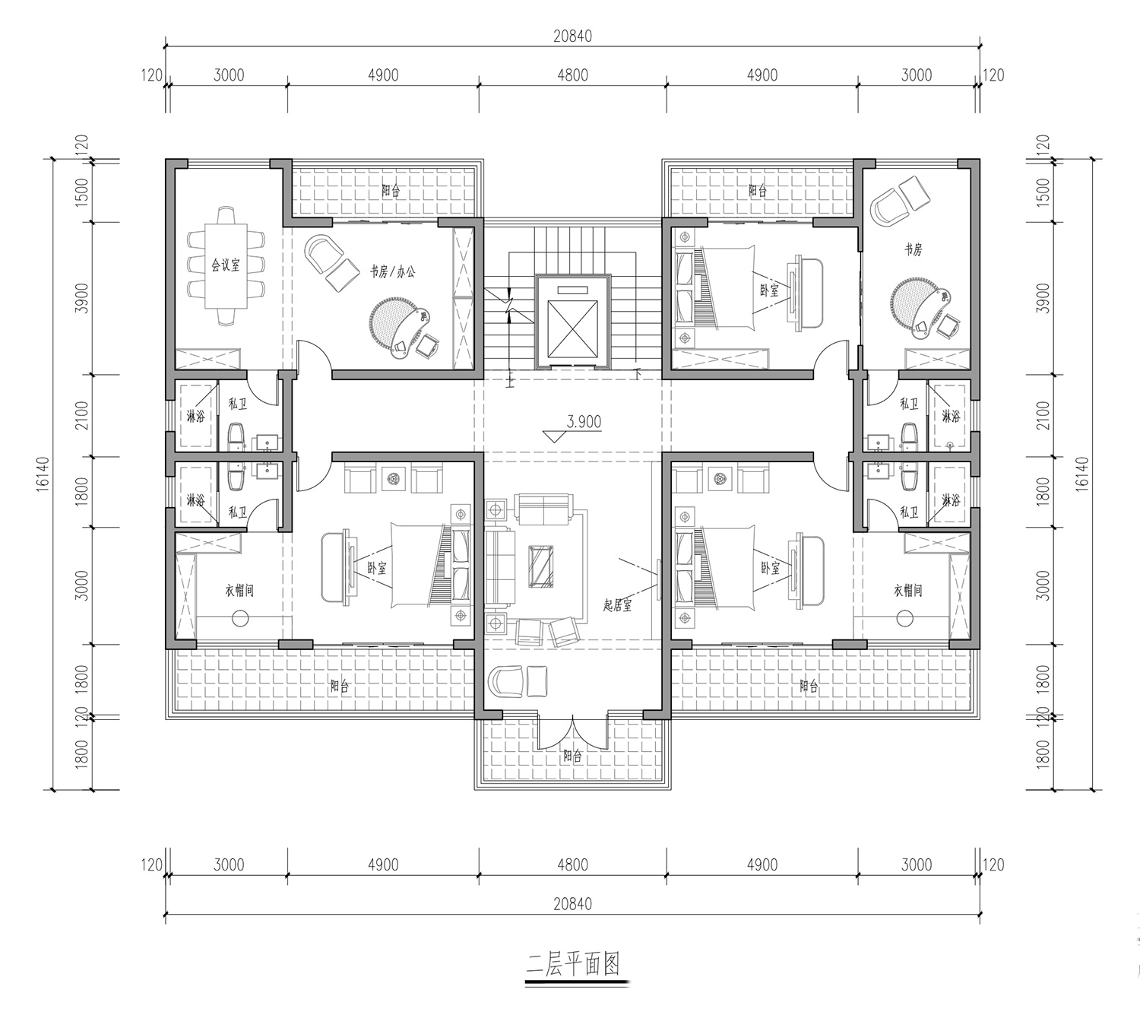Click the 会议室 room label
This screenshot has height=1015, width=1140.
tap(225, 265)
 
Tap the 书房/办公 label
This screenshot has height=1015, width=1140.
tap(392, 272)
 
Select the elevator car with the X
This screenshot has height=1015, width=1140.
tap(573, 328)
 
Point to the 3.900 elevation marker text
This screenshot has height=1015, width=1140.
tap(584, 421)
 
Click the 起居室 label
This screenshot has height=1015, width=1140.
tap(616, 605)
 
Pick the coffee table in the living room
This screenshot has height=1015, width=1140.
tap(541, 566)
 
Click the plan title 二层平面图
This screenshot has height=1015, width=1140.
tap(573, 964)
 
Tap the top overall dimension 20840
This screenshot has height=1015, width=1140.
tap(573, 36)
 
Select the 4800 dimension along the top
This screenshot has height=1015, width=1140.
tap(573, 75)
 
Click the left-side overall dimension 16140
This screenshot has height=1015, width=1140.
tap(43, 474)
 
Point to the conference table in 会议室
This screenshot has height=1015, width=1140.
tap(226, 265)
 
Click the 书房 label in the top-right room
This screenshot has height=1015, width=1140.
tap(914, 249)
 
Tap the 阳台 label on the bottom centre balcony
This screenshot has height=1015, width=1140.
tap(572, 756)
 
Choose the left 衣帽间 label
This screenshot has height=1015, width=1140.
tap(239, 591)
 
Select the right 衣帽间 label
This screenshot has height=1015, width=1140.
tap(907, 591)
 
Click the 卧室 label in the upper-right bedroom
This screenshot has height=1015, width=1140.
tap(769, 290)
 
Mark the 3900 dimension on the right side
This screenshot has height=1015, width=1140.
tap(1043, 298)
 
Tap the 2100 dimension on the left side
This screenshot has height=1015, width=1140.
tap(82, 415)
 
